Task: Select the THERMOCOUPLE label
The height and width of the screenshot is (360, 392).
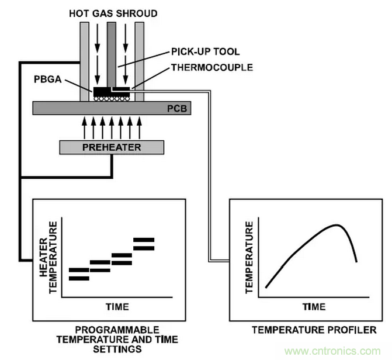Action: click(x=212, y=67)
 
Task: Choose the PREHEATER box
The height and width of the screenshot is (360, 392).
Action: click(x=110, y=147)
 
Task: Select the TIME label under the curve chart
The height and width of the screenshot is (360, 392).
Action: click(x=314, y=306)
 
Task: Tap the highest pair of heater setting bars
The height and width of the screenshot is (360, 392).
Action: click(x=144, y=244)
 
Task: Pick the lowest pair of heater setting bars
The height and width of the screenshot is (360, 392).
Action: click(x=79, y=274)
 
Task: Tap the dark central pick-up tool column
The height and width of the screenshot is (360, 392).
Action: click(x=112, y=53)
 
